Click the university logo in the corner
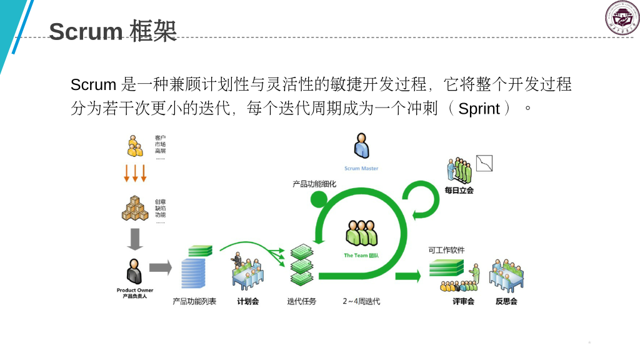[x=622, y=18]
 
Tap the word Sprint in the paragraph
[x=479, y=109]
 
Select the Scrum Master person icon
[x=361, y=146]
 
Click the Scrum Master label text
[x=361, y=169]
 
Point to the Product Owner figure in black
[x=134, y=272]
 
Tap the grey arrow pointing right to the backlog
[x=161, y=268]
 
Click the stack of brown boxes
[x=134, y=208]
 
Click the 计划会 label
[x=247, y=301]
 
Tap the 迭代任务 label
[x=302, y=301]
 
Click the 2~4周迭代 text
[x=361, y=301]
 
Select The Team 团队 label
[x=362, y=256]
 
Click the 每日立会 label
[x=459, y=190]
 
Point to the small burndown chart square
[x=485, y=163]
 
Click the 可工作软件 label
[x=447, y=250]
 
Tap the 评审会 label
[x=463, y=301]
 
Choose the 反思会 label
[x=506, y=301]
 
